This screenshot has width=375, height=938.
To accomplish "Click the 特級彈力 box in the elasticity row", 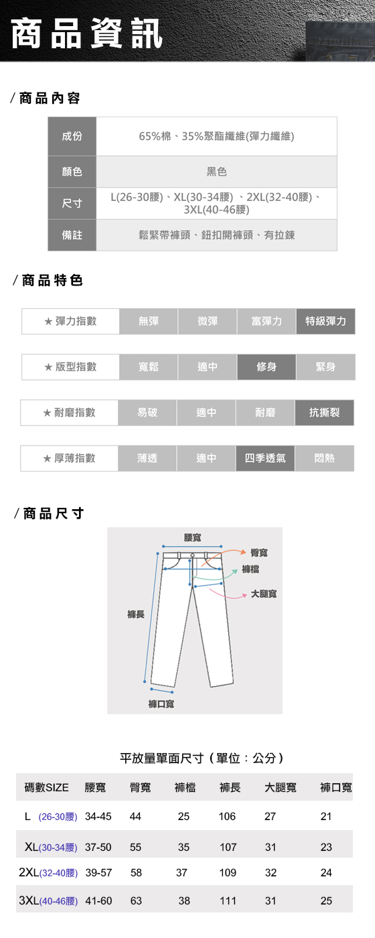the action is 325,321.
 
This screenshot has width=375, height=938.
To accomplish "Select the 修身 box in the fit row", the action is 267,367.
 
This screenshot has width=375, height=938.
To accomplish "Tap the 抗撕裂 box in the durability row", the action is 324,413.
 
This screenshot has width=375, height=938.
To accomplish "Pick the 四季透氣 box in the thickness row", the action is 265,458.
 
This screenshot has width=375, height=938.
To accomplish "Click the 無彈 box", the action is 149,321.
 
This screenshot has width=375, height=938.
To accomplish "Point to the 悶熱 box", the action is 324,458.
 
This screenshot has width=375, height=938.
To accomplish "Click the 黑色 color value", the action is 217,172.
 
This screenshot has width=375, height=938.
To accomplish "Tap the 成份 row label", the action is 72,136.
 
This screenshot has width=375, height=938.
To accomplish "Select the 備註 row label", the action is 72,235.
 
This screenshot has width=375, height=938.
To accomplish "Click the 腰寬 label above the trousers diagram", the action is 193,537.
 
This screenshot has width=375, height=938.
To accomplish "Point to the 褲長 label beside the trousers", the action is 135,614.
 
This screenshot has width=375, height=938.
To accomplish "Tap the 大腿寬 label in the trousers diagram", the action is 264,594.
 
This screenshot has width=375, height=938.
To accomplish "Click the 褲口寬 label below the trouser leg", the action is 161,704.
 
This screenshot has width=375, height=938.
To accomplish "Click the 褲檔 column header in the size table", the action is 185,788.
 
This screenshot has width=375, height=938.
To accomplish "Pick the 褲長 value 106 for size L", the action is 227,816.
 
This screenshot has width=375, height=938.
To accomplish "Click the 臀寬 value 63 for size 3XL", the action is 136,900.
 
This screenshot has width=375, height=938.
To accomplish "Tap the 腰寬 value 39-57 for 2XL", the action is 99,872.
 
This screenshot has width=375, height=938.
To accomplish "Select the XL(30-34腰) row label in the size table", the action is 51,847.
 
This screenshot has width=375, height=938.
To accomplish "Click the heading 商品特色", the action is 48,280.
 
